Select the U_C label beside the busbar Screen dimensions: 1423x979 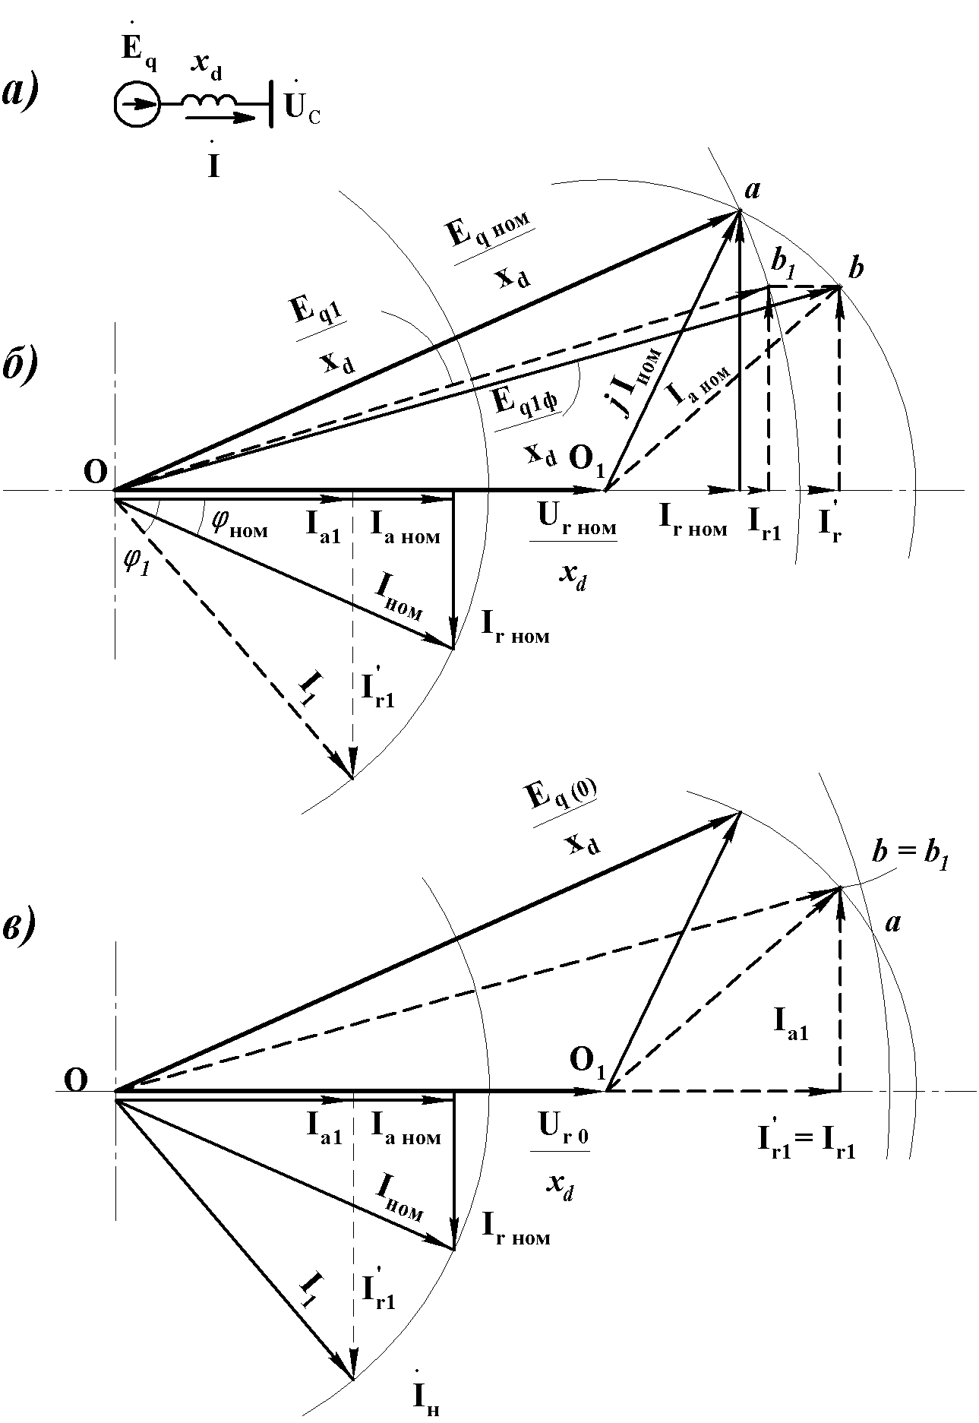coord(302,109)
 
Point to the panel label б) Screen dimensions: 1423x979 coord(21,367)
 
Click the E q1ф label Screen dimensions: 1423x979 coord(524,401)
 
